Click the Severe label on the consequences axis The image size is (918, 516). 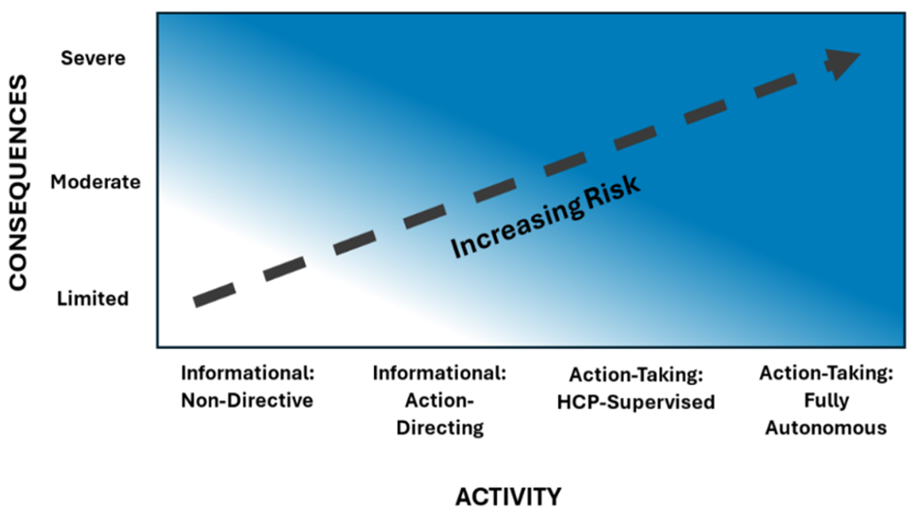pos(93,58)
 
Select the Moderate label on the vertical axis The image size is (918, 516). pos(95,182)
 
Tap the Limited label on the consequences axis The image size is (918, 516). pos(92,299)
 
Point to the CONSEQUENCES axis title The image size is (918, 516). pos(18,183)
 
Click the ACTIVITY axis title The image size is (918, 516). pos(508,497)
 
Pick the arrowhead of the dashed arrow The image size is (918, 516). pos(840,64)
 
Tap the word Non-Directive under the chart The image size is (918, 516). pos(247,401)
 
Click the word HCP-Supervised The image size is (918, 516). pos(636,402)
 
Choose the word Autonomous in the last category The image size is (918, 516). pos(826,428)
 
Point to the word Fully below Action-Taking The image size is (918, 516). pos(826,401)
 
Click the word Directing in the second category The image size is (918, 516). pos(440,428)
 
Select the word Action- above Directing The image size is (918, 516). pos(439,401)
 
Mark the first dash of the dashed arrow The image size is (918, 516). pos(215,295)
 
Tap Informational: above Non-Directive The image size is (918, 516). pos(247,373)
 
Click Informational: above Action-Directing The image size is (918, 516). pos(439,373)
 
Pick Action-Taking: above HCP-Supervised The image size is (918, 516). pos(636,375)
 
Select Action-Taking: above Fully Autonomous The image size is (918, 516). pos(826,373)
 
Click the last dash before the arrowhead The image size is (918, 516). pos(776,85)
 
